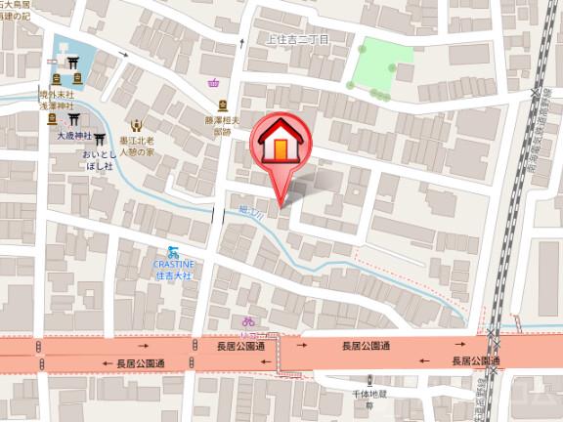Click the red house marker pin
[280, 147]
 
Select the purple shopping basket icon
[214, 83]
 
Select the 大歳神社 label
[72, 136]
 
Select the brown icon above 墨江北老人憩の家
[137, 126]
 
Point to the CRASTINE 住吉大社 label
[175, 268]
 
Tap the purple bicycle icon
[248, 320]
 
